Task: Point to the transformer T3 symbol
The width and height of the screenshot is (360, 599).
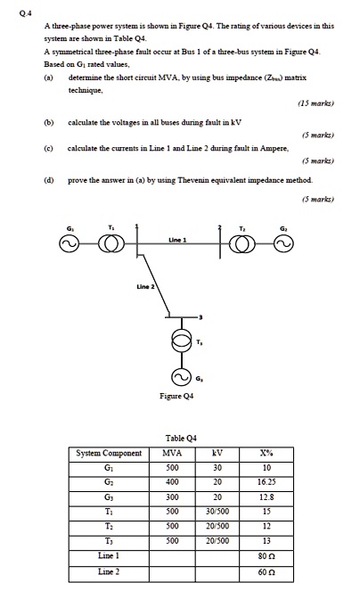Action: tap(187, 341)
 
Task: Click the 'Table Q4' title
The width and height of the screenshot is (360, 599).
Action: tap(182, 439)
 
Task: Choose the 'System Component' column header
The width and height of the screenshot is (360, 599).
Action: tap(109, 453)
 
